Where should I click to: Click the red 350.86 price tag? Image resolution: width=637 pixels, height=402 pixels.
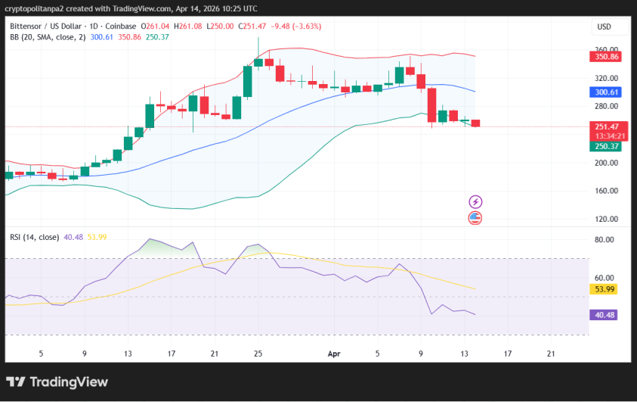tap(605, 57)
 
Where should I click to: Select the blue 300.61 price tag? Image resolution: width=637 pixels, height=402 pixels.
tap(605, 92)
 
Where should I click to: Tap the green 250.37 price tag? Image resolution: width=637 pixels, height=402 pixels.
tap(605, 145)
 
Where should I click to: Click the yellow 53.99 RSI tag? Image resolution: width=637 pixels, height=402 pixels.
tap(605, 289)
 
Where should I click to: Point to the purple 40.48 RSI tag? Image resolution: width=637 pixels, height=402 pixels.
tap(605, 314)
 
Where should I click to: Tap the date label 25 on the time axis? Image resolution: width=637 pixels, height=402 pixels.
tap(258, 353)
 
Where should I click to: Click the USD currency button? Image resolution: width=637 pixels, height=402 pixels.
tap(605, 26)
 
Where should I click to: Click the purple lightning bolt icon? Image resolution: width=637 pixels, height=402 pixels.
tap(475, 201)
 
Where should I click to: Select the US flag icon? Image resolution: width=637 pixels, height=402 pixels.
tap(475, 218)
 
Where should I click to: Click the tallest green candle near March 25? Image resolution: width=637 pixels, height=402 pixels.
tap(247, 81)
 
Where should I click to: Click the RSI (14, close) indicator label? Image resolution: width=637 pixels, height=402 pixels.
tap(34, 237)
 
